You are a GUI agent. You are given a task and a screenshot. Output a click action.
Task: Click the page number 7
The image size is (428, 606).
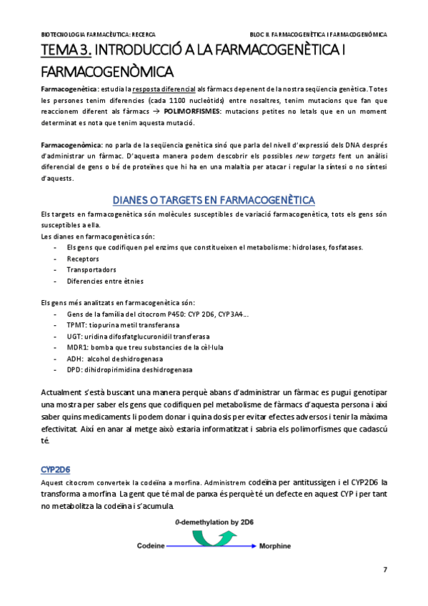(x=385, y=569)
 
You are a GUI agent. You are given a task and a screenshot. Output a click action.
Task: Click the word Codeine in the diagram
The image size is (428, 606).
(x=151, y=546)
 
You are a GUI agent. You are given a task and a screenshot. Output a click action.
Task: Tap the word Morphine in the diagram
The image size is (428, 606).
(x=275, y=546)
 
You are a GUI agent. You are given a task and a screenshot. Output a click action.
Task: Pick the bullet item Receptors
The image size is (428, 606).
(x=83, y=259)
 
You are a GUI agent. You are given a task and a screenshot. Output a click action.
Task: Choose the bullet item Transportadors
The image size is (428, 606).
(x=91, y=270)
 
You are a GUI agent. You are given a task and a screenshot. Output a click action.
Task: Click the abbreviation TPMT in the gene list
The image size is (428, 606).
(x=75, y=324)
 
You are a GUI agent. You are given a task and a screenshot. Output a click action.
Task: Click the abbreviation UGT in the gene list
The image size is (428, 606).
(x=74, y=336)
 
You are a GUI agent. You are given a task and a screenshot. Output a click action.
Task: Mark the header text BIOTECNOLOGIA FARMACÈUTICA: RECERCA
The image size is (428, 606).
(x=99, y=34)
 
